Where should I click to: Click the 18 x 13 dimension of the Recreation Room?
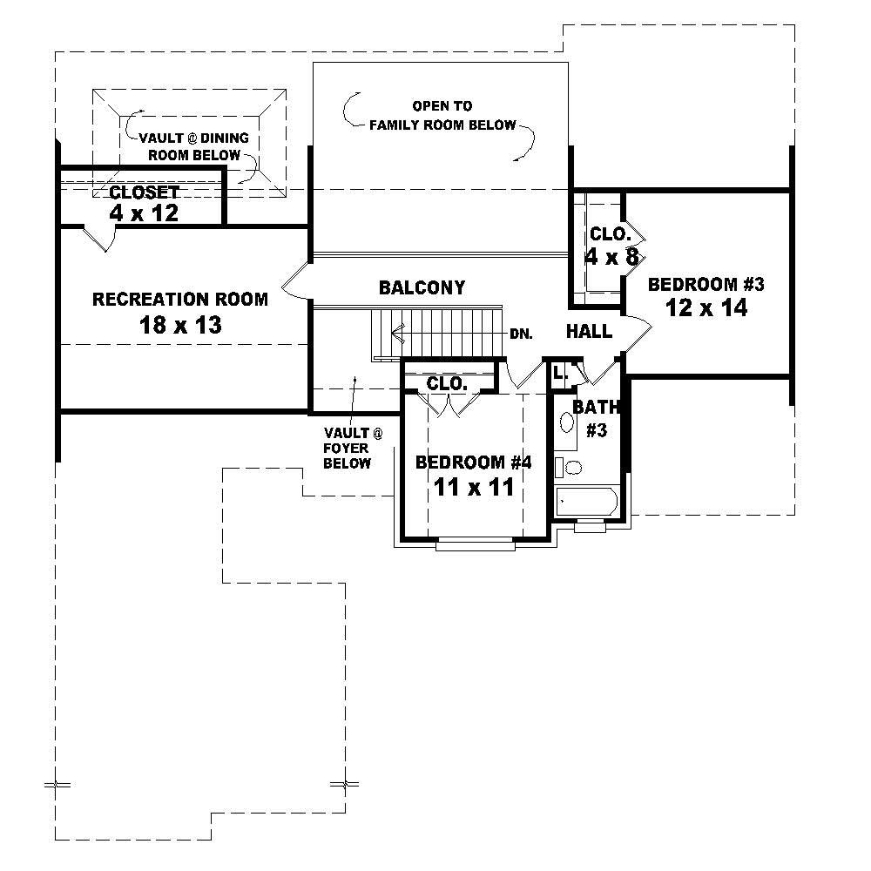[x=180, y=326]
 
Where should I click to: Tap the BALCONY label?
[x=422, y=287]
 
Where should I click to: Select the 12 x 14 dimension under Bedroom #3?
[x=706, y=307]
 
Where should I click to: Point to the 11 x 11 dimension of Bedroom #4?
[x=474, y=487]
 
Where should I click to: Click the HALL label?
[x=589, y=332]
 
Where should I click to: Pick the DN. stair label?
[x=521, y=333]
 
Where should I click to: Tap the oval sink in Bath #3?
[x=566, y=424]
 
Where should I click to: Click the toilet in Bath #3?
[x=571, y=468]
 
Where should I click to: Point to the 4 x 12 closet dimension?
[x=145, y=213]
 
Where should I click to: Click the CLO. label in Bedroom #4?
[x=448, y=383]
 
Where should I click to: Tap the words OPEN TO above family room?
[x=442, y=106]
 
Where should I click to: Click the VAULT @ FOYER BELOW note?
[x=348, y=448]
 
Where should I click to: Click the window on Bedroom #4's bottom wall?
[x=475, y=545]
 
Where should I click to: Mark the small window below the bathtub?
[x=588, y=524]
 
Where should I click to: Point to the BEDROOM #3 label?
[x=706, y=284]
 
